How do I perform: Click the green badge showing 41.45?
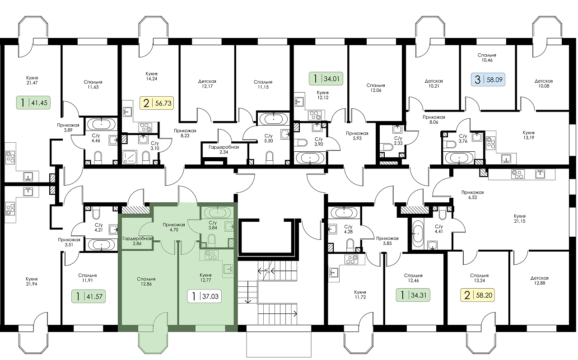point(33,103)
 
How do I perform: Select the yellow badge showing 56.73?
point(157,103)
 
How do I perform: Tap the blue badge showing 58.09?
point(488,79)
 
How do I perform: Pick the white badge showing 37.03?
point(205,296)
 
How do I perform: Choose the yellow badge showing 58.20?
point(478,295)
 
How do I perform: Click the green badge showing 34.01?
point(326,79)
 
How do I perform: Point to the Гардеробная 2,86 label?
point(137,241)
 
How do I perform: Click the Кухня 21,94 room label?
point(32,281)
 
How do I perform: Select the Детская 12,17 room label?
point(207,84)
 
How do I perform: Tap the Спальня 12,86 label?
point(146,281)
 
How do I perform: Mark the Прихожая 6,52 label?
point(473,195)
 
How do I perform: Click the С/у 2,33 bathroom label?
point(398,140)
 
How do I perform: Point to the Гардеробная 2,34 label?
point(224,150)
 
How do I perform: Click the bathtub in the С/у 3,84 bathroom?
point(218,213)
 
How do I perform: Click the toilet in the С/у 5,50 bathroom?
point(269,158)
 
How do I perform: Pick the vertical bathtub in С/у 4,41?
point(418,233)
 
